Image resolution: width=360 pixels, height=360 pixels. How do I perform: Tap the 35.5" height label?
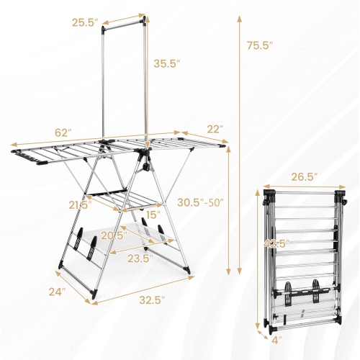pyautogui.click(x=167, y=63)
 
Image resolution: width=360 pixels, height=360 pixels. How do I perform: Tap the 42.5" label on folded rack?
pyautogui.click(x=275, y=243)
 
